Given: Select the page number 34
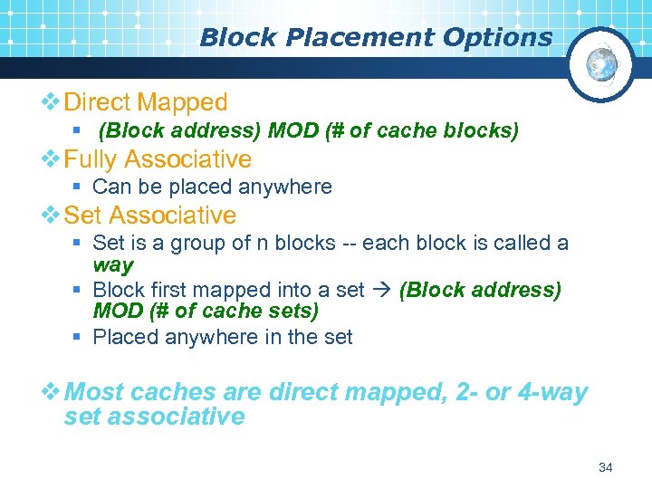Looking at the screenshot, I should [606, 467].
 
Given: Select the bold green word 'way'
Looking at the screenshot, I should [112, 266].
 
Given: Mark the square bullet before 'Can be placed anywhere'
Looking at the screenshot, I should [80, 187].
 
